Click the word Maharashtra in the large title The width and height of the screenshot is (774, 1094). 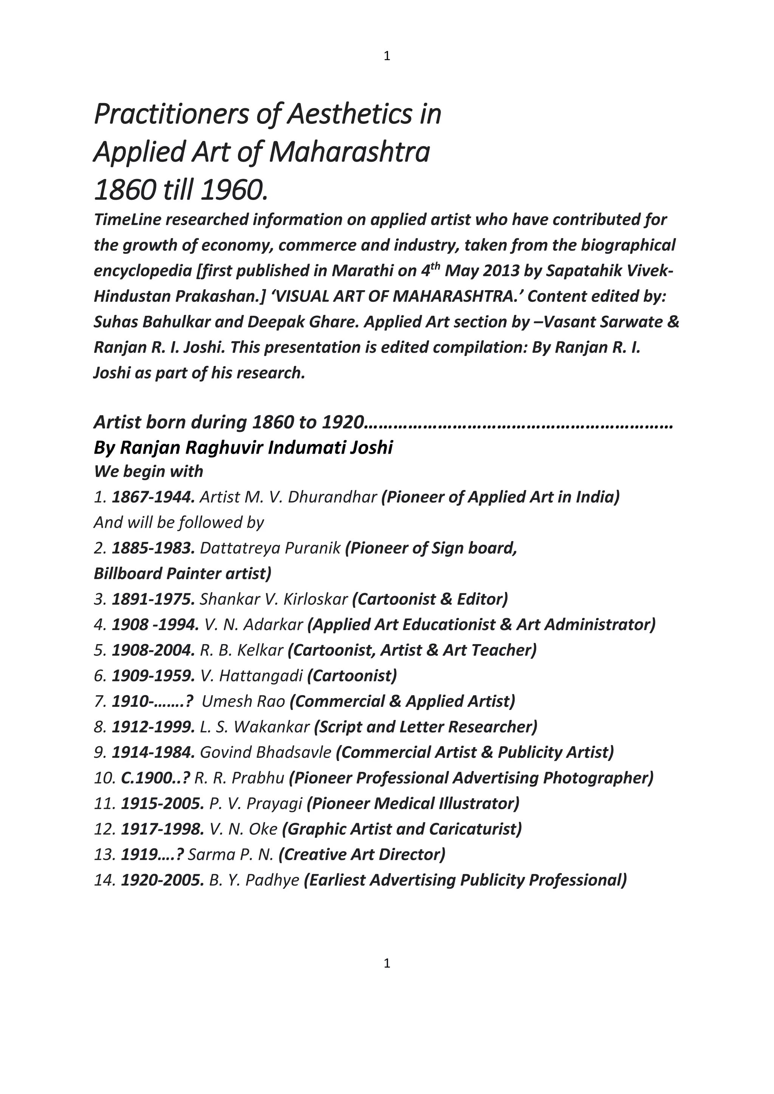point(349,153)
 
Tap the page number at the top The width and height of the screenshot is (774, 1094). point(387,56)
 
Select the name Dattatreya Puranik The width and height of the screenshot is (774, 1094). point(270,548)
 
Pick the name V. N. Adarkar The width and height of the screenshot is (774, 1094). point(254,625)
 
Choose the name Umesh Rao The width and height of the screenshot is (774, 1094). point(243,702)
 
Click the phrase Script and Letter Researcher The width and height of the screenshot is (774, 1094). point(426,727)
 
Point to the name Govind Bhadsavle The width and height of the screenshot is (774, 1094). point(265,753)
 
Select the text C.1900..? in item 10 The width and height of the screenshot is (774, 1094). point(155,778)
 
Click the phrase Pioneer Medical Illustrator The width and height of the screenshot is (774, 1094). point(413,804)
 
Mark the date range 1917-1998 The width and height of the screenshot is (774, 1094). point(163,829)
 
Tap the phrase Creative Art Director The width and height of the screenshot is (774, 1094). point(362,854)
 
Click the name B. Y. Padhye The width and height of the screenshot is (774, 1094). point(254,880)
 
